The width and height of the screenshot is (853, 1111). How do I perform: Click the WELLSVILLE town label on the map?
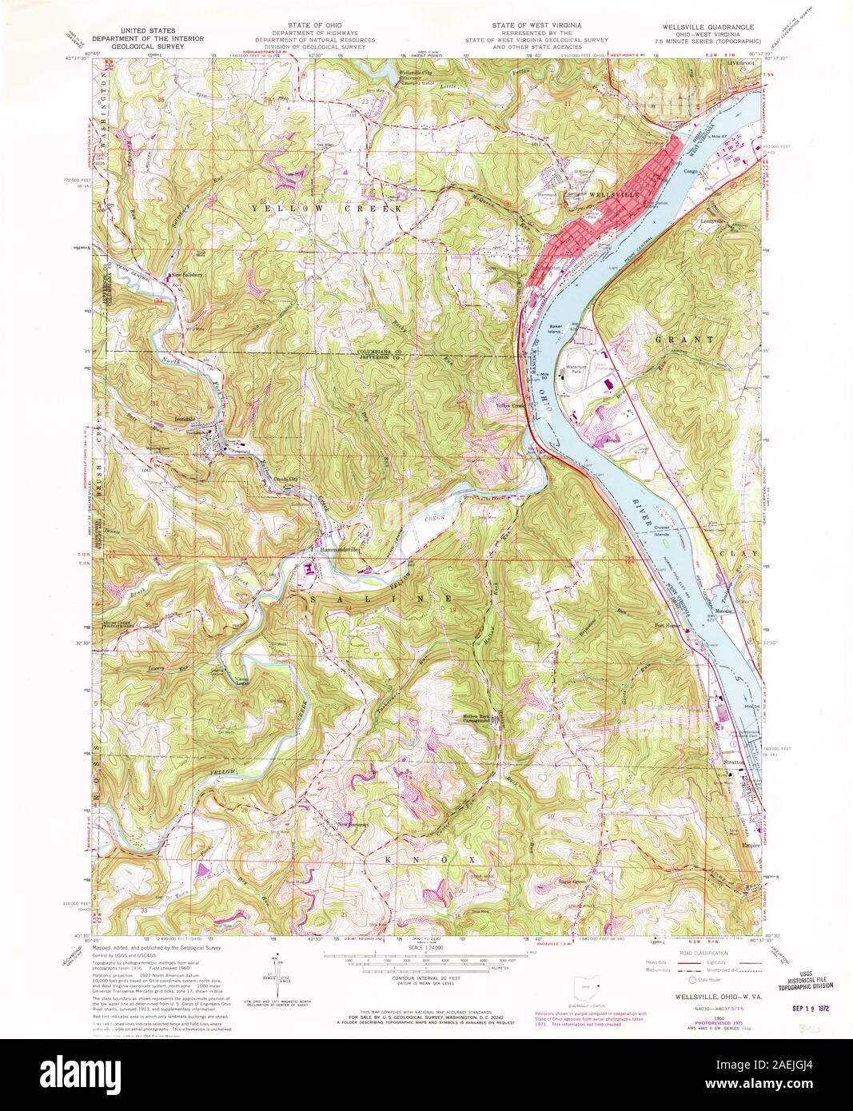[x=615, y=194]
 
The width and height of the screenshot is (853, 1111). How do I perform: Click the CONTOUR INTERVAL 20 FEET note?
[x=427, y=979]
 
